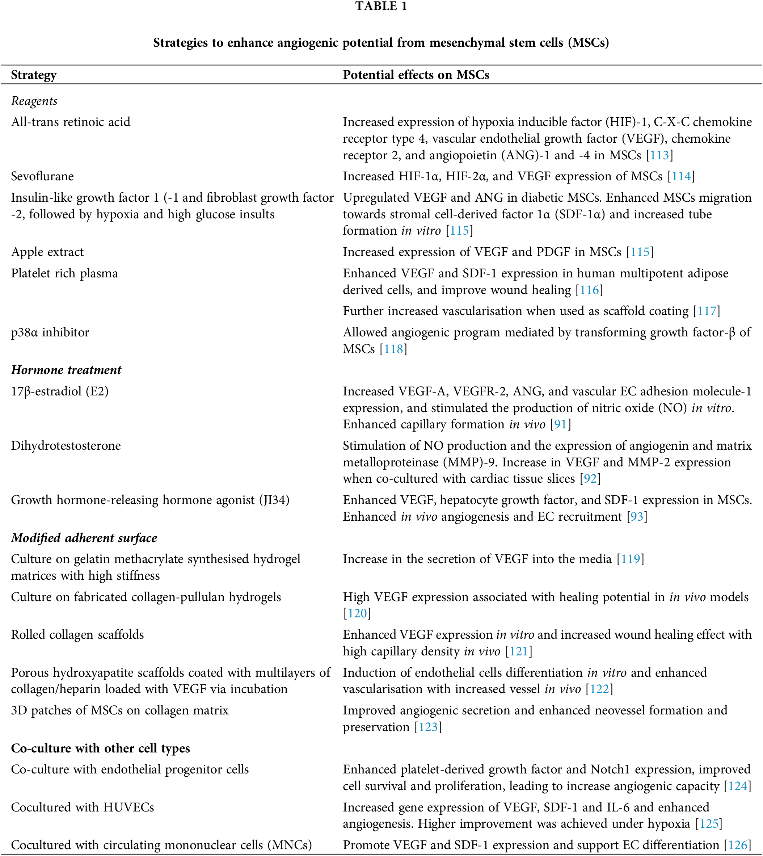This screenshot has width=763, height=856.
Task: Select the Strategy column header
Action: click(34, 75)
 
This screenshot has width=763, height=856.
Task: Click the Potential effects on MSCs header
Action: click(416, 75)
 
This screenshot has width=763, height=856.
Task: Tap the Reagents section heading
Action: click(34, 101)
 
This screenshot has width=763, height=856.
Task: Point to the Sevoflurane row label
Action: click(42, 176)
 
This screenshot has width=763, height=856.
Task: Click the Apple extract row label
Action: click(47, 252)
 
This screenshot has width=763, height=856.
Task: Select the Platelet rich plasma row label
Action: click(64, 273)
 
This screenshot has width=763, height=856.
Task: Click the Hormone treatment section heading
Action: click(66, 370)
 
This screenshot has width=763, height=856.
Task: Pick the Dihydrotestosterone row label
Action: click(66, 445)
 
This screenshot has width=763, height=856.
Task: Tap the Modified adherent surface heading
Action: click(84, 538)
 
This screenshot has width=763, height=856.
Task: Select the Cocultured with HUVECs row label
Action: click(83, 807)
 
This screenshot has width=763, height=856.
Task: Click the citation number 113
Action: click(659, 156)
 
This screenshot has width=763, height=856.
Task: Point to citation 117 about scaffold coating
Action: click(707, 311)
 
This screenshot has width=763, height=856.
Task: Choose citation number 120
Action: click(357, 614)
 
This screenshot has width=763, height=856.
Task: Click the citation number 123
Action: click(428, 727)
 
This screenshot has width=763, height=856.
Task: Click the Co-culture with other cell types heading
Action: click(101, 748)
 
